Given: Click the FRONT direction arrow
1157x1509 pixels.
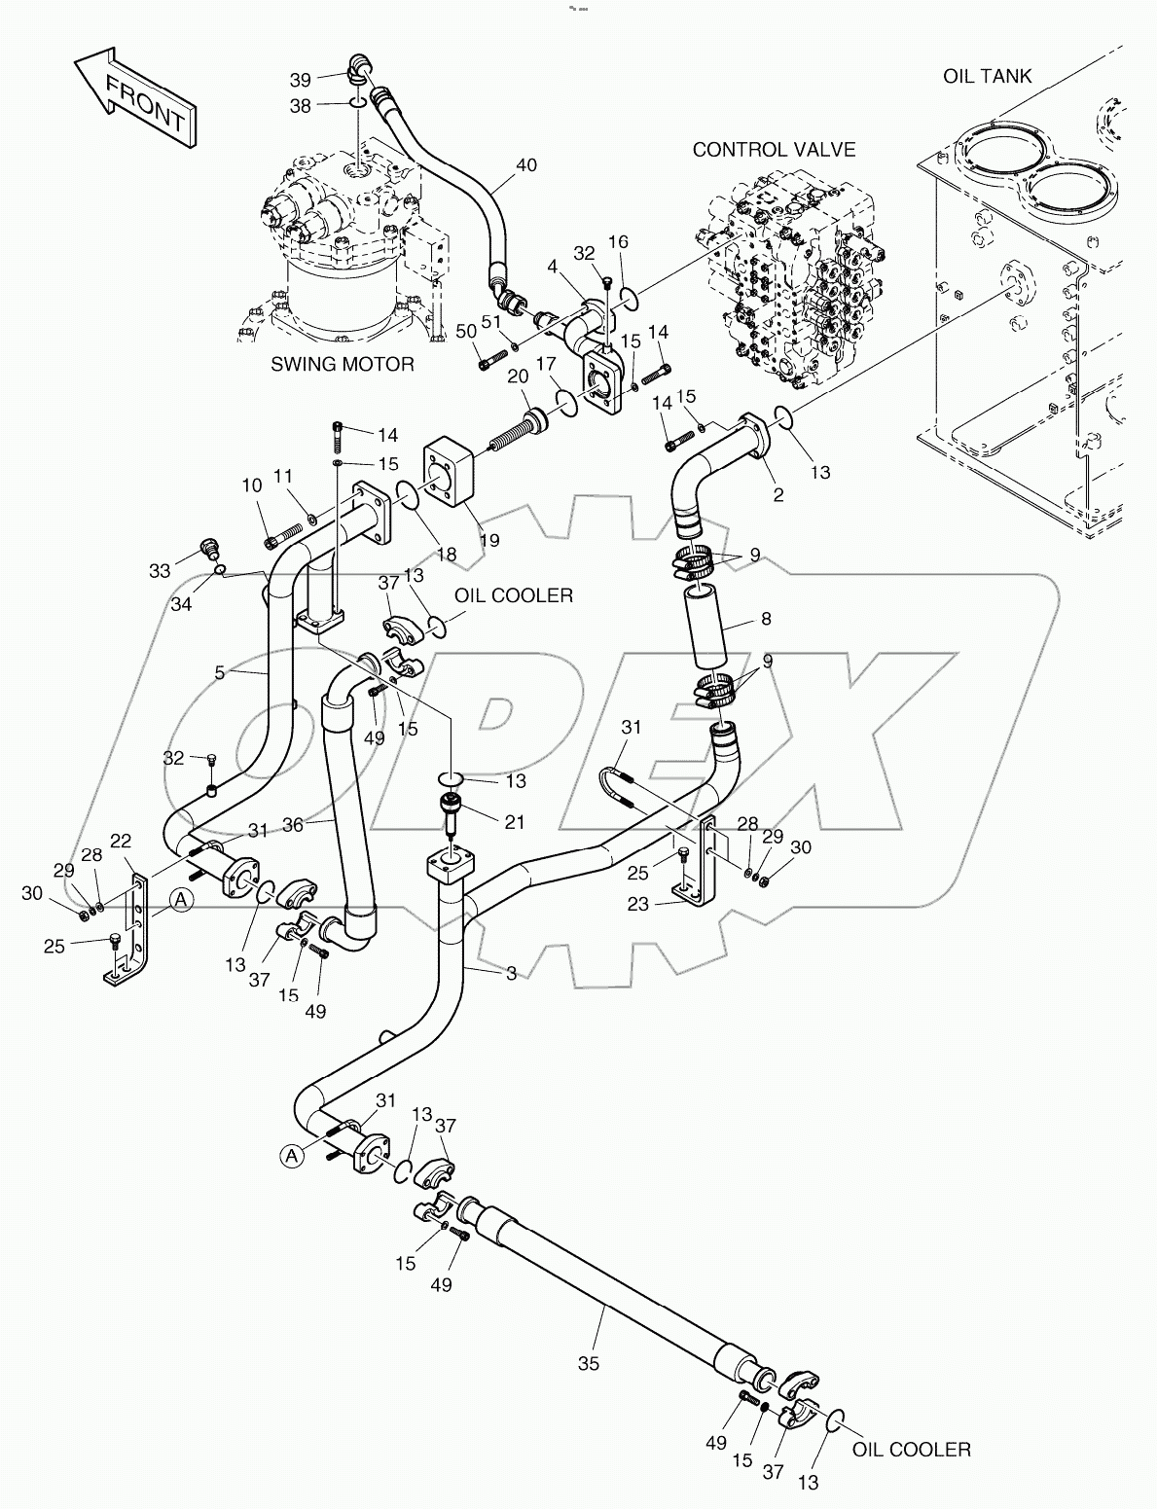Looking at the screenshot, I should point(136,97).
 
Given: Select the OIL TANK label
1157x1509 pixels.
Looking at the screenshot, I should point(987,76).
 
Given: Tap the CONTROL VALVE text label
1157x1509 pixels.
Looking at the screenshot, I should point(774,149).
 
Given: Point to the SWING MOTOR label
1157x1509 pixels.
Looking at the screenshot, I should point(342,364).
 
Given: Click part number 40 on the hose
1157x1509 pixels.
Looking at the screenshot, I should point(525,165).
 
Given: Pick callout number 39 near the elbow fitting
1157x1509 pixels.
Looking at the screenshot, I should point(302,79).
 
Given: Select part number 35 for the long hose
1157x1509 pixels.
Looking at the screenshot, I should point(588,1363).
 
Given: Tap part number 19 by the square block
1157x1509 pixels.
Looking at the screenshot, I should point(488,539).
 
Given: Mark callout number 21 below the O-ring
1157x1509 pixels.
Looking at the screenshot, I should point(514,822).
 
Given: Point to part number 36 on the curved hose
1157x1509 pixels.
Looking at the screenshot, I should point(294,824).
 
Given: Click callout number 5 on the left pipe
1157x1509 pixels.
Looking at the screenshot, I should point(220,671).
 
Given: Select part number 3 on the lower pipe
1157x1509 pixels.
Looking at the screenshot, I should point(511,972).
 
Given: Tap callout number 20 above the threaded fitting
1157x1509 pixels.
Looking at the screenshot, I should point(517,377).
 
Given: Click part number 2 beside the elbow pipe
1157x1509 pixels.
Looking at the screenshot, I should point(777,495).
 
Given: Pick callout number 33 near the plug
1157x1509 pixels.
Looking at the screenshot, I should point(159,569).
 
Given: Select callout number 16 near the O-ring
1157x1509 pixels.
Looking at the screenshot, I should point(618,241).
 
